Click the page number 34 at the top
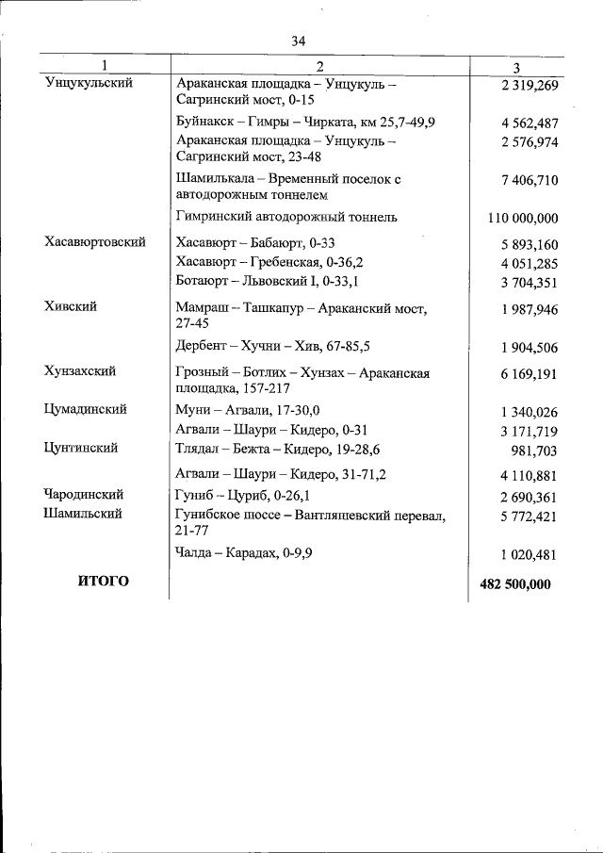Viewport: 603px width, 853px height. (299, 41)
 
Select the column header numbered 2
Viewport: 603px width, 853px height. (319, 67)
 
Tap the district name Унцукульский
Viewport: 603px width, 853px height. (89, 83)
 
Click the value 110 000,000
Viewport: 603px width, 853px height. (523, 218)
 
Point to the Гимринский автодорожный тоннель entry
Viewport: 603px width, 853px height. (286, 217)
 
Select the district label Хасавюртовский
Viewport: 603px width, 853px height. (95, 242)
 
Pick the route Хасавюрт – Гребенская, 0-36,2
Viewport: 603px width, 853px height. (269, 261)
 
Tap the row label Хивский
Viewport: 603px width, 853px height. (71, 306)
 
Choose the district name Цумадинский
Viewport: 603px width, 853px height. (86, 409)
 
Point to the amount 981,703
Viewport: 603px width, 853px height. (534, 451)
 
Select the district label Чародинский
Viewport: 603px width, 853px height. (84, 494)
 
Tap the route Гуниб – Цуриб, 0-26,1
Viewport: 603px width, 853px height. (244, 494)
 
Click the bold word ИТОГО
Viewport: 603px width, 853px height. (103, 582)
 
